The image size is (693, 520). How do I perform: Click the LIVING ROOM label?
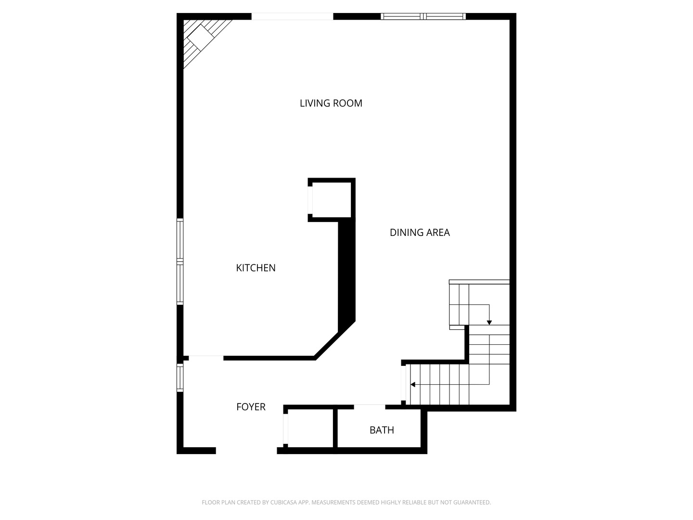[x=331, y=103]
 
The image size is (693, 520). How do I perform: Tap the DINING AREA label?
[x=420, y=233]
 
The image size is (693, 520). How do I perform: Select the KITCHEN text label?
[x=256, y=268]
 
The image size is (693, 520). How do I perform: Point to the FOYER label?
[x=251, y=407]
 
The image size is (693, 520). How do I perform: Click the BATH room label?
[x=382, y=430]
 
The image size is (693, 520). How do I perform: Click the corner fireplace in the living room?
[x=201, y=38]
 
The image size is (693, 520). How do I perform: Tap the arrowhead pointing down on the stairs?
[x=489, y=322]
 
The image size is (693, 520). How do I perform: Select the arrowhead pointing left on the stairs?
[x=413, y=385]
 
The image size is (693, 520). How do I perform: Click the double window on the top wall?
[x=423, y=16]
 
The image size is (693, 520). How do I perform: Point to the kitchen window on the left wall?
[x=180, y=261]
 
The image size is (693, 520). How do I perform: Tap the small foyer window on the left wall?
[x=180, y=377]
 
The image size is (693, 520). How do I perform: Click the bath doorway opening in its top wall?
[x=370, y=407]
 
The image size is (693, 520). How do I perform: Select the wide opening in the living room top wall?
[x=292, y=16]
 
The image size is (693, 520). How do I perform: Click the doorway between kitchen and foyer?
[x=206, y=358]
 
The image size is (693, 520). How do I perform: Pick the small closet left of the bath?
[x=310, y=428]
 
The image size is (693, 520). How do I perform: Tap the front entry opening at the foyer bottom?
[x=246, y=451]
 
